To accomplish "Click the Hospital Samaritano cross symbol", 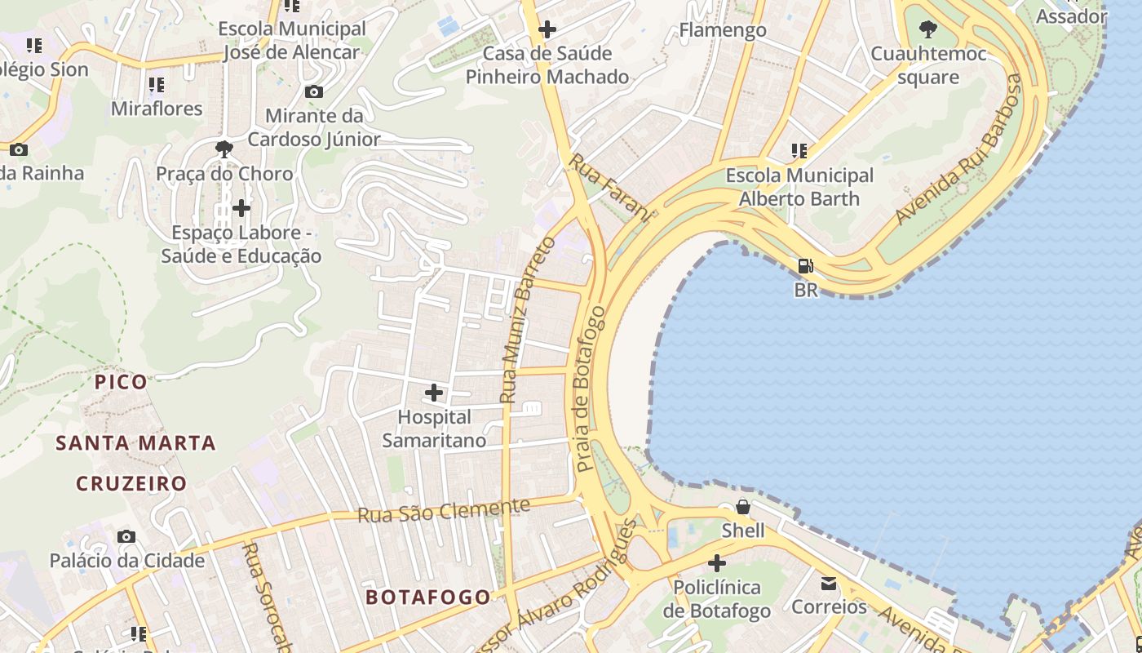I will (x=434, y=393).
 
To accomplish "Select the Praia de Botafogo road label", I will (x=591, y=389).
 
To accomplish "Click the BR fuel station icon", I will (x=805, y=266).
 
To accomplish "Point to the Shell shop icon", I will (x=743, y=507).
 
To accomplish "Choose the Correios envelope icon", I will (x=829, y=584).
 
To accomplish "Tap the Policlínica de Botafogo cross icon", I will (x=716, y=563).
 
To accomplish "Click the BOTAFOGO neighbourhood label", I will (x=428, y=597).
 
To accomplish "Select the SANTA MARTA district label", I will (x=135, y=443).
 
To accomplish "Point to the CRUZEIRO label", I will (x=131, y=483).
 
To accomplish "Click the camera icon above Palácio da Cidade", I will (x=126, y=536).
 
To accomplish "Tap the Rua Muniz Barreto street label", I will (x=528, y=320).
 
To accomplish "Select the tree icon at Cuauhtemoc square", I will (x=927, y=30).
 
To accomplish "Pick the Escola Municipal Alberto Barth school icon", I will (x=799, y=151).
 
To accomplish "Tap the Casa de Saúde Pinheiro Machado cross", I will (x=547, y=30).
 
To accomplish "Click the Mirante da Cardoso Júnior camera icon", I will (x=313, y=91).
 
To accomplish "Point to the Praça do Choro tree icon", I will (x=224, y=149).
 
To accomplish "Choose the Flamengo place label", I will (x=723, y=30).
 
